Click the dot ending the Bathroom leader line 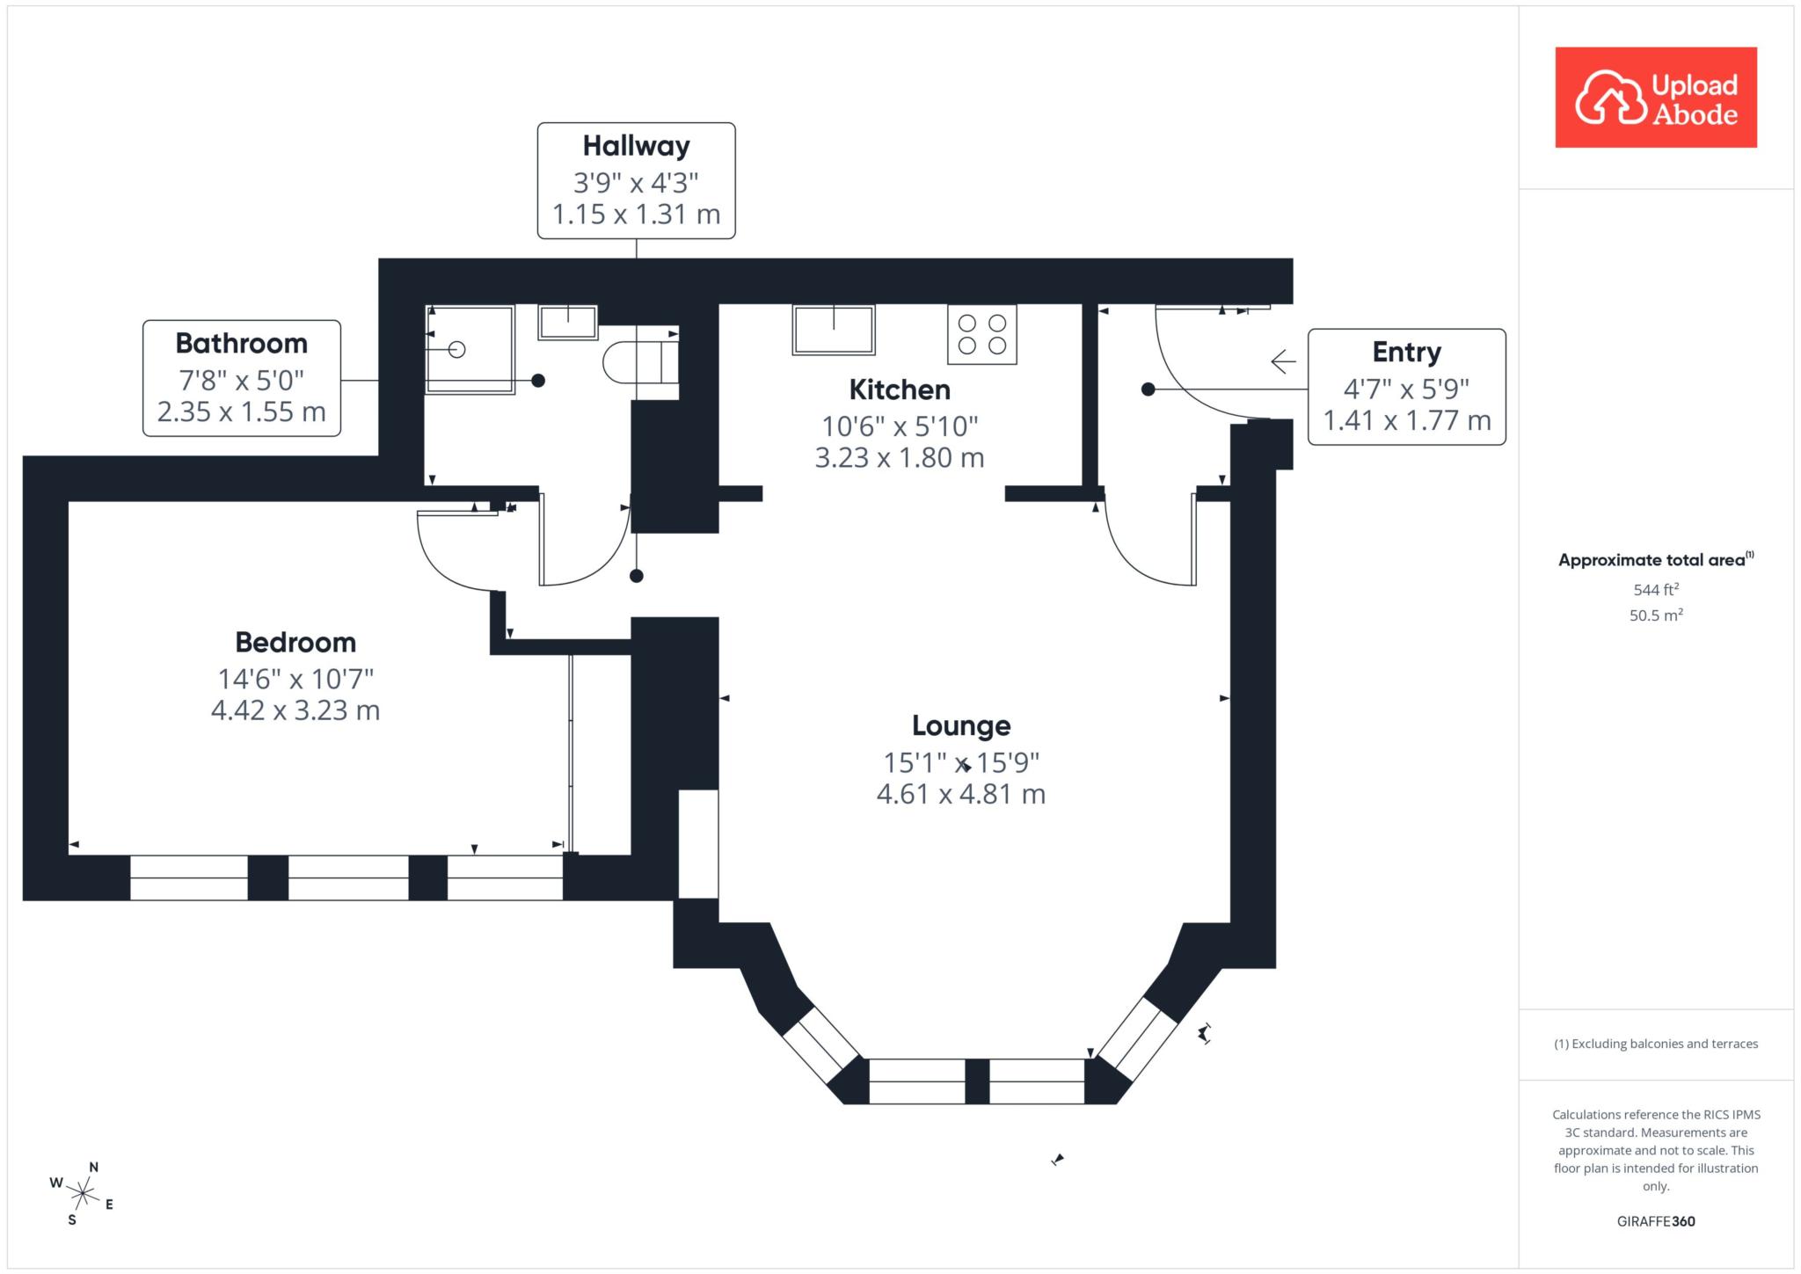tap(538, 381)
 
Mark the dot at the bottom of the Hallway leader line tap(637, 576)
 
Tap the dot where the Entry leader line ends tap(1148, 389)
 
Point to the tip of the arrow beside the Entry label tap(1272, 361)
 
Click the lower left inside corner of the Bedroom tap(69, 854)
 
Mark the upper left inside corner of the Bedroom tap(69, 501)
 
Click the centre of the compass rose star tap(83, 1193)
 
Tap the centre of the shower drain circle tap(456, 349)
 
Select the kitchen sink tap(834, 330)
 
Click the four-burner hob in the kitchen tap(982, 334)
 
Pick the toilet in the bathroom tap(640, 362)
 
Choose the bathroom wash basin tap(568, 322)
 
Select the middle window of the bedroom tap(348, 877)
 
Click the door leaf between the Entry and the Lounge tap(1194, 539)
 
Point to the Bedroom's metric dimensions tap(295, 710)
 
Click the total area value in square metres tap(1656, 615)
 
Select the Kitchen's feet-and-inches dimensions tap(900, 426)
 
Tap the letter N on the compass tap(94, 1167)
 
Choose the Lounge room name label tap(961, 725)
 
